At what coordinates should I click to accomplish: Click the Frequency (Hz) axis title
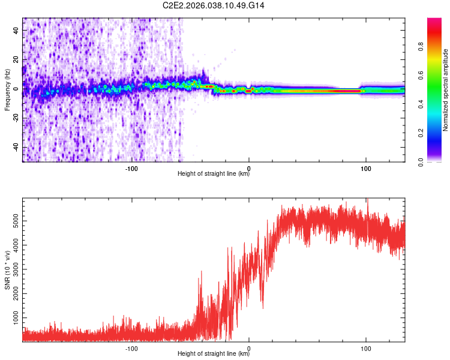pos(7,89)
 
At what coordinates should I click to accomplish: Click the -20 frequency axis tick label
pos(15,118)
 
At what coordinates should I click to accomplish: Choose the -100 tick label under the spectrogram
pos(131,169)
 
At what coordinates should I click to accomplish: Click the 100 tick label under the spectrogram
pos(366,169)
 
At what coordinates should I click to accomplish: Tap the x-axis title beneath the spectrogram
pos(214,175)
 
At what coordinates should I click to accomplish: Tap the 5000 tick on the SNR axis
pos(11,222)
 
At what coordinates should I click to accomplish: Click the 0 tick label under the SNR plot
pos(249,347)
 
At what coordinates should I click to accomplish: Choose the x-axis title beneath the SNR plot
pos(214,353)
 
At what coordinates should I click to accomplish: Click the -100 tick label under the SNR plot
pos(131,347)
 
